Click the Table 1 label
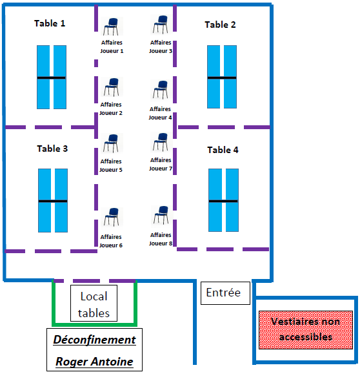click(50, 23)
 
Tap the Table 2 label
click(220, 25)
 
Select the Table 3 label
click(52, 149)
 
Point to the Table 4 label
click(223, 150)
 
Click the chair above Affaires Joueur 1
click(112, 26)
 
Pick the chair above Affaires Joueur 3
click(161, 25)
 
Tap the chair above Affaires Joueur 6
click(112, 217)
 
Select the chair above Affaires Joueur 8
click(162, 215)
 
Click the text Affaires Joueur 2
click(111, 108)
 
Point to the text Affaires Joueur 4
click(160, 113)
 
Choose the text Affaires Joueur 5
click(111, 165)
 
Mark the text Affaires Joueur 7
click(161, 164)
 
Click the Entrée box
click(225, 293)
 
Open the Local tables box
click(94, 303)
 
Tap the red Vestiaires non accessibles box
click(306, 330)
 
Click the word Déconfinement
click(95, 340)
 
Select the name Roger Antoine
click(94, 362)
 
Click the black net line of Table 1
click(52, 77)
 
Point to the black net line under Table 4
click(223, 201)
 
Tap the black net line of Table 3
click(53, 201)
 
